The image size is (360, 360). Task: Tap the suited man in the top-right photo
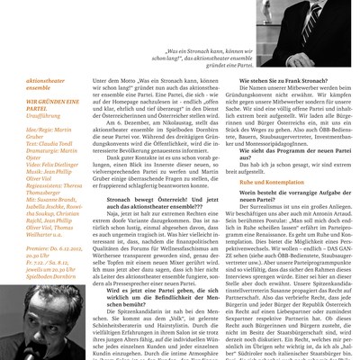[270, 22]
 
